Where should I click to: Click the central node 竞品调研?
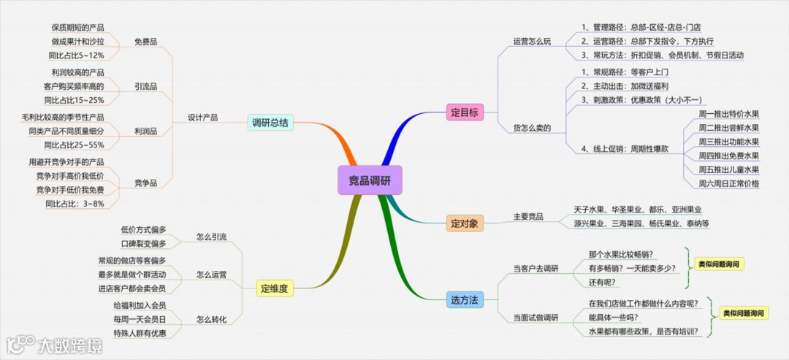[x=370, y=179]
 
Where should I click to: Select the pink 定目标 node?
[x=465, y=113]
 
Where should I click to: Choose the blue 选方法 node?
[x=465, y=299]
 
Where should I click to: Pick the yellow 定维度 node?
[x=275, y=288]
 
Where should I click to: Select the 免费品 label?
[x=146, y=41]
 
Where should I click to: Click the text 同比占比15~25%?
[x=74, y=100]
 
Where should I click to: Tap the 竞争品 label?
[x=146, y=183]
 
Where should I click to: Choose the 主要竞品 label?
[x=528, y=216]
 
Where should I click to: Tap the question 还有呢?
[x=603, y=283]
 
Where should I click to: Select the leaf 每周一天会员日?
[x=140, y=320]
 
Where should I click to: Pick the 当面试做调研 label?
[x=535, y=317]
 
